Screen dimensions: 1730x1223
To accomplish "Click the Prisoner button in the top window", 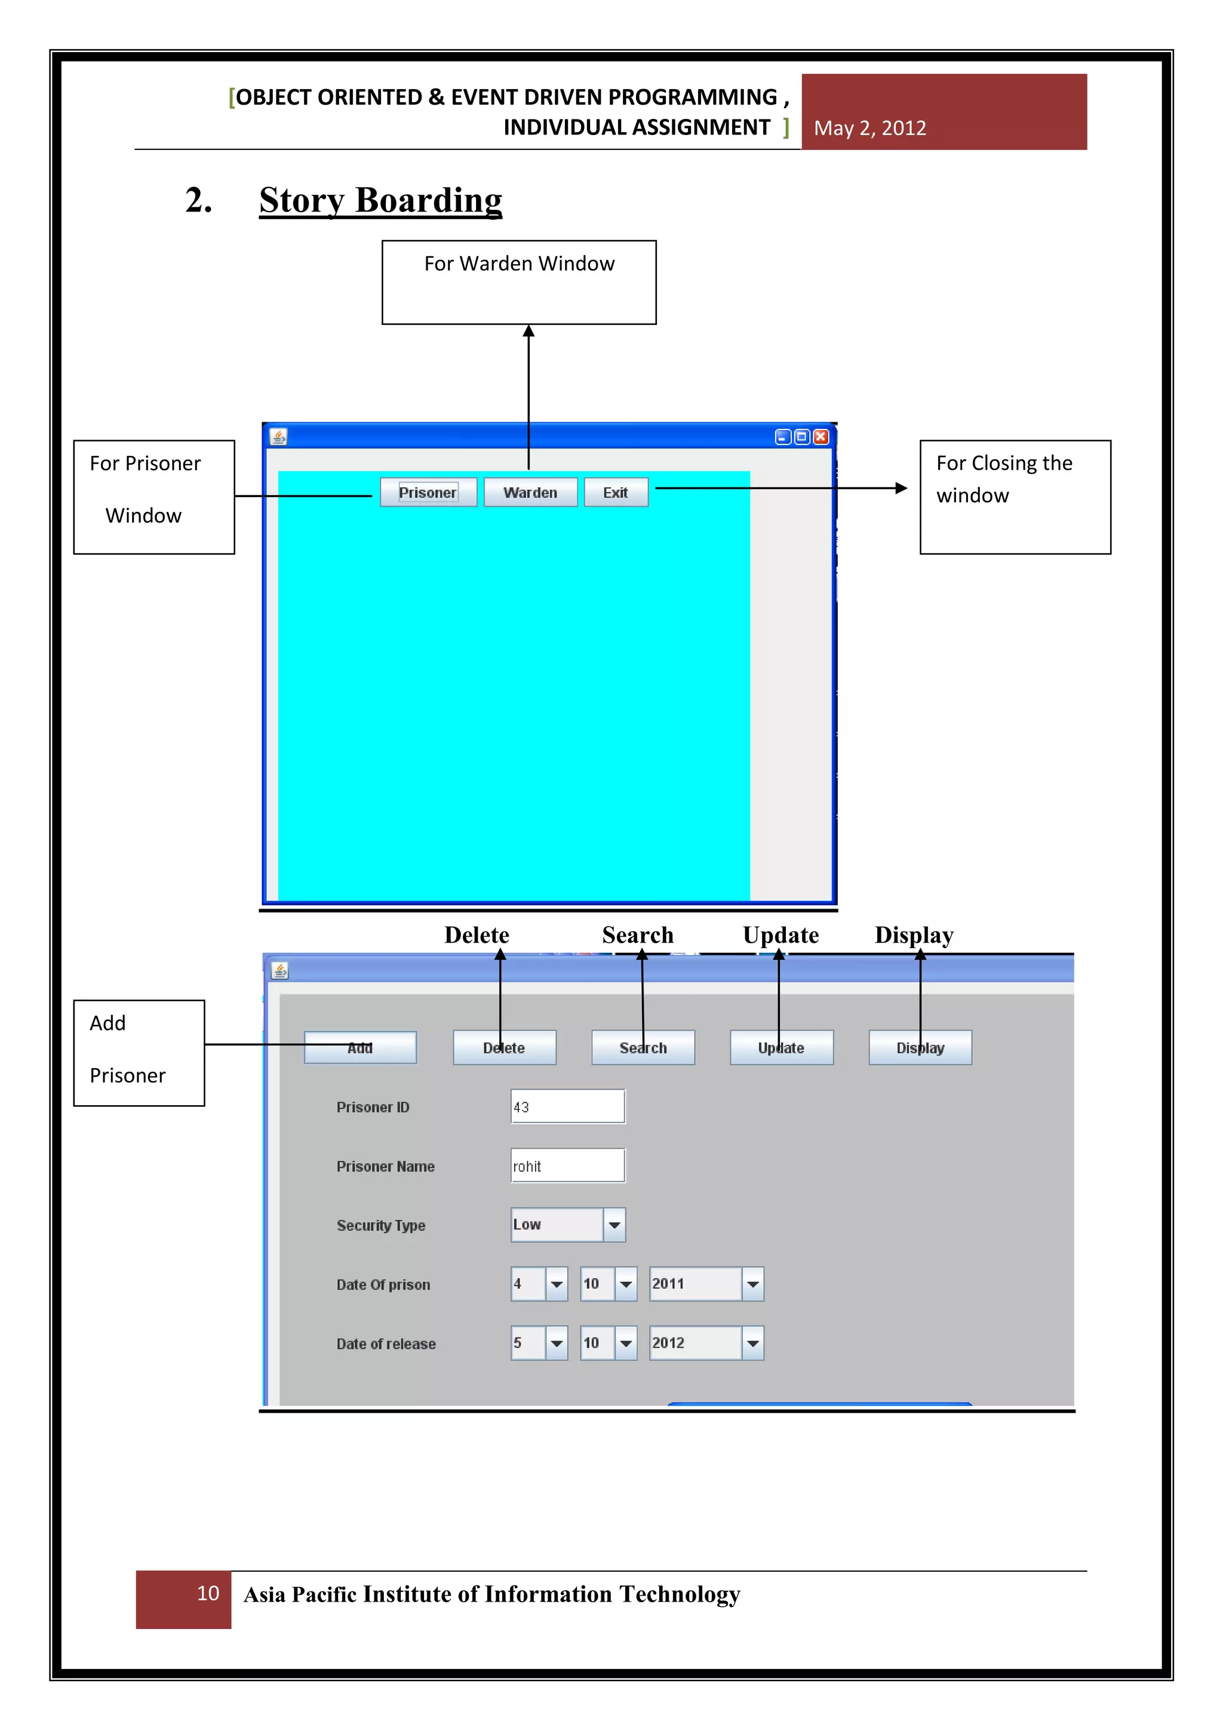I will [428, 493].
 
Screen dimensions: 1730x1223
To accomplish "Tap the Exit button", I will [615, 493].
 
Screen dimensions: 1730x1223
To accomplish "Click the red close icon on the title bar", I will [821, 437].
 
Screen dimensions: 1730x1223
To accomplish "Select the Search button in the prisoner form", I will [643, 1048].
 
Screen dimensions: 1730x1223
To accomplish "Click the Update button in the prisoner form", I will [781, 1048].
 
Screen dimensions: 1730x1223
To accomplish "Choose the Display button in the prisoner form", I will [920, 1048].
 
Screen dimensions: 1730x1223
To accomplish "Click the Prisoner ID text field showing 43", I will [567, 1107].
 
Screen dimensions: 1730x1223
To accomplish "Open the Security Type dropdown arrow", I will [614, 1225].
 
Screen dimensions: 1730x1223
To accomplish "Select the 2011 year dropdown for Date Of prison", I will [706, 1284].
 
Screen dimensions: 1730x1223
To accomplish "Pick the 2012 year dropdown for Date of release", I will [706, 1343].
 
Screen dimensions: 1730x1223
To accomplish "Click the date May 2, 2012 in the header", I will [870, 128].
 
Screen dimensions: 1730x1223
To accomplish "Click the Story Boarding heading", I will [380, 201].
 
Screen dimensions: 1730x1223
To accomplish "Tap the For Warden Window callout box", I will [519, 283].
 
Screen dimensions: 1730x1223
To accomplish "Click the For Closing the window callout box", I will [1015, 497].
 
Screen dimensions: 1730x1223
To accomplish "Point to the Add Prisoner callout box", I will [139, 1053].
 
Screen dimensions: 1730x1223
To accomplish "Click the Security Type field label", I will [381, 1226].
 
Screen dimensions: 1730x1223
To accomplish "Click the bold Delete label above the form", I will [477, 935].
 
